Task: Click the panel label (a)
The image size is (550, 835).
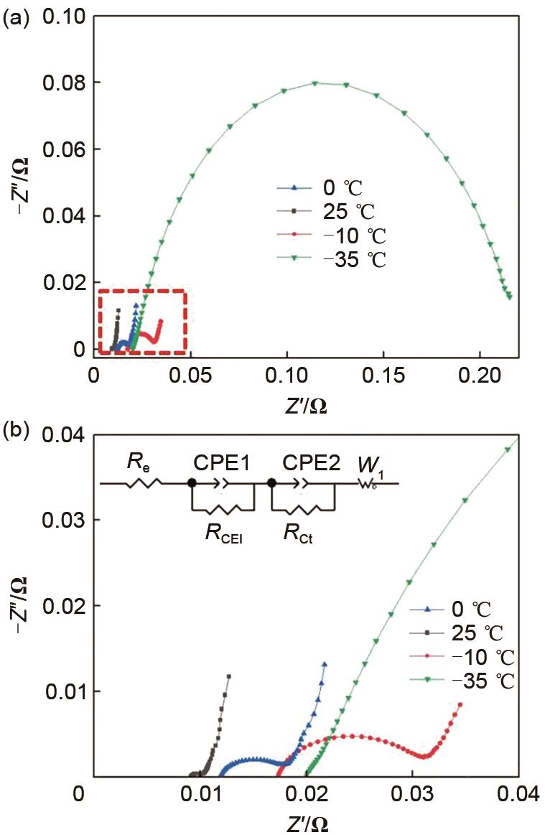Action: pos(15,19)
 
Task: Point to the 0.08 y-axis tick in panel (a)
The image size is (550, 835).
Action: pos(65,83)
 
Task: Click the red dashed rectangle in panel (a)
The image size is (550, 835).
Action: pos(142,290)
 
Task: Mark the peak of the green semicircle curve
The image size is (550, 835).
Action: pos(315,83)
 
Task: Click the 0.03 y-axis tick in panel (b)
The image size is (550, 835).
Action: pos(65,520)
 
